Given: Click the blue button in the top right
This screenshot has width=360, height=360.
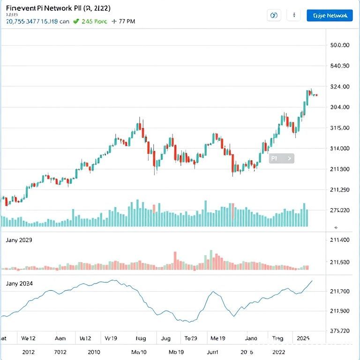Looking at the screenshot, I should [x=330, y=15].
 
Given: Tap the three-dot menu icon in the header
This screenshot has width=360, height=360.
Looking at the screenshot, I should [x=294, y=15].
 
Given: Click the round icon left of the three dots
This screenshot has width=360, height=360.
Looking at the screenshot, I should [x=274, y=15].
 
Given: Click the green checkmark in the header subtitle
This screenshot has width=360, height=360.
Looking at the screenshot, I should [x=76, y=21].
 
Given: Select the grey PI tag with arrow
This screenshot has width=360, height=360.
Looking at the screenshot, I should [x=281, y=158].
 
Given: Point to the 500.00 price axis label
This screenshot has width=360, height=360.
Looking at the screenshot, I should [x=340, y=45].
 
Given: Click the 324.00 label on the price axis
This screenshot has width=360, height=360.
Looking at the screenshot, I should [x=340, y=87].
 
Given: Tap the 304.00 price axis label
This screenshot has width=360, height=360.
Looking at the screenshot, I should [x=340, y=107].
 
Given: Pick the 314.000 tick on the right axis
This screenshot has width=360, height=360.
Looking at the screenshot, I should [x=340, y=149].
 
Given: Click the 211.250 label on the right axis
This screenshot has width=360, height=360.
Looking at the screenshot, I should [x=340, y=190].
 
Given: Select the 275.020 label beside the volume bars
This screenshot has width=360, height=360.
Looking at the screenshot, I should [x=340, y=210].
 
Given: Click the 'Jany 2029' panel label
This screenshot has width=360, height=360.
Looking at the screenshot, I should [x=19, y=240].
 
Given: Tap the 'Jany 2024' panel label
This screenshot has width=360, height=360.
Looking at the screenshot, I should [x=19, y=284].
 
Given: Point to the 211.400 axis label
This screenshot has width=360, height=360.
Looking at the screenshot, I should [x=340, y=240].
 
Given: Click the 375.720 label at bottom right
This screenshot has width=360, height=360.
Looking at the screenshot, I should [x=340, y=330].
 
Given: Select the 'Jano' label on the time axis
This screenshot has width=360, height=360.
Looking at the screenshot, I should [x=251, y=337].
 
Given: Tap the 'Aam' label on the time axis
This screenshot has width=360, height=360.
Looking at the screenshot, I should [x=60, y=337].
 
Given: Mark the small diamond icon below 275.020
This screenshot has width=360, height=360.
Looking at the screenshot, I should [x=336, y=227].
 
